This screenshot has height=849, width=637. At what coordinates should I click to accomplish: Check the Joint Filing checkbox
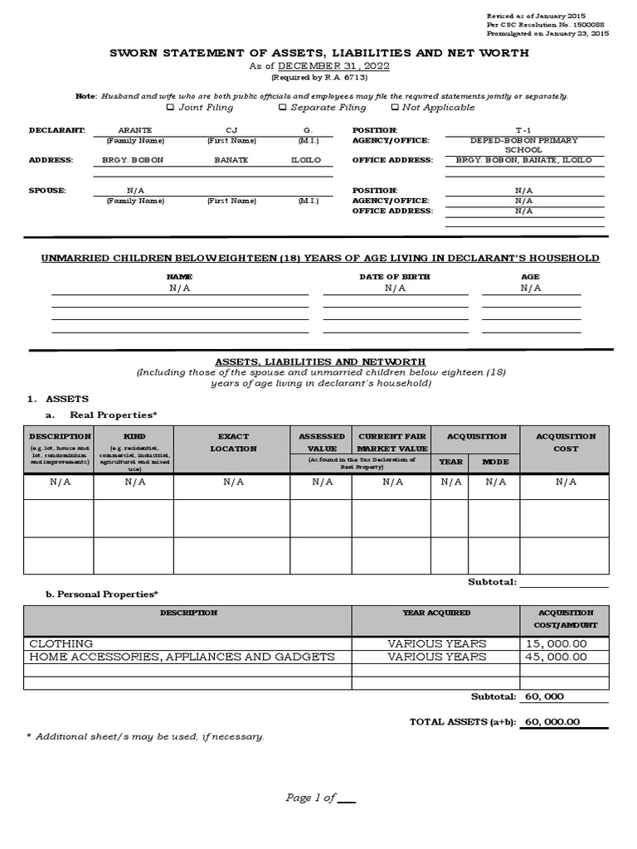coord(170,107)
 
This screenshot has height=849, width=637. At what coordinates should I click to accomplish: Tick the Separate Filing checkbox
coord(283,107)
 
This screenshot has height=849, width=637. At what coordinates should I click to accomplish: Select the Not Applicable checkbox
coord(395,107)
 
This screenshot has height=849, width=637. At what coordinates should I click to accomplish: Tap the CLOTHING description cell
coord(61,643)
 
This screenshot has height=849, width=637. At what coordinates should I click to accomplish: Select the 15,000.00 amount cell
coord(555,643)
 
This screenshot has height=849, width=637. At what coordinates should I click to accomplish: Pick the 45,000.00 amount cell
coord(555,657)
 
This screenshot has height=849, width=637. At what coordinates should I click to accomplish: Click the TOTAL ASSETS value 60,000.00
coord(553,722)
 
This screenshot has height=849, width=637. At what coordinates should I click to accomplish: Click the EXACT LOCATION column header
coord(233,442)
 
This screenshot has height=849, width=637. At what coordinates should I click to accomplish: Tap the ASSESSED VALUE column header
coord(322,442)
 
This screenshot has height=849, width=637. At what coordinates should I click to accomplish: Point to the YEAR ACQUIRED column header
coord(436,613)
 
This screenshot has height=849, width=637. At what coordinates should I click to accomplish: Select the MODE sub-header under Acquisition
coord(495,462)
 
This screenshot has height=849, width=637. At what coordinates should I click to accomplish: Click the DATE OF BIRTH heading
coord(395,276)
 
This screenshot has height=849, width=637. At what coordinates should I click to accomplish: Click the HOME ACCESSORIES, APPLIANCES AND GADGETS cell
coord(182,657)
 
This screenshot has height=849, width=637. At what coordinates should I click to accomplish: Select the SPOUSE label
coord(47,191)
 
